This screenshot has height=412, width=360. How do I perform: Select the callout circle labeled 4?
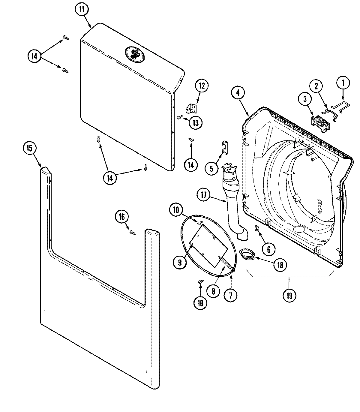pyautogui.click(x=238, y=93)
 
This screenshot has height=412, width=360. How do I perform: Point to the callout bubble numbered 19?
pyautogui.click(x=289, y=295)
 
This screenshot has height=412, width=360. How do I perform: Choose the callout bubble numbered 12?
pyautogui.click(x=202, y=86)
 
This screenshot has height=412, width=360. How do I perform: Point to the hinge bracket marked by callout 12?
pyautogui.click(x=191, y=109)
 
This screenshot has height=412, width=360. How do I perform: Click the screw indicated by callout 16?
pyautogui.click(x=132, y=232)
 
